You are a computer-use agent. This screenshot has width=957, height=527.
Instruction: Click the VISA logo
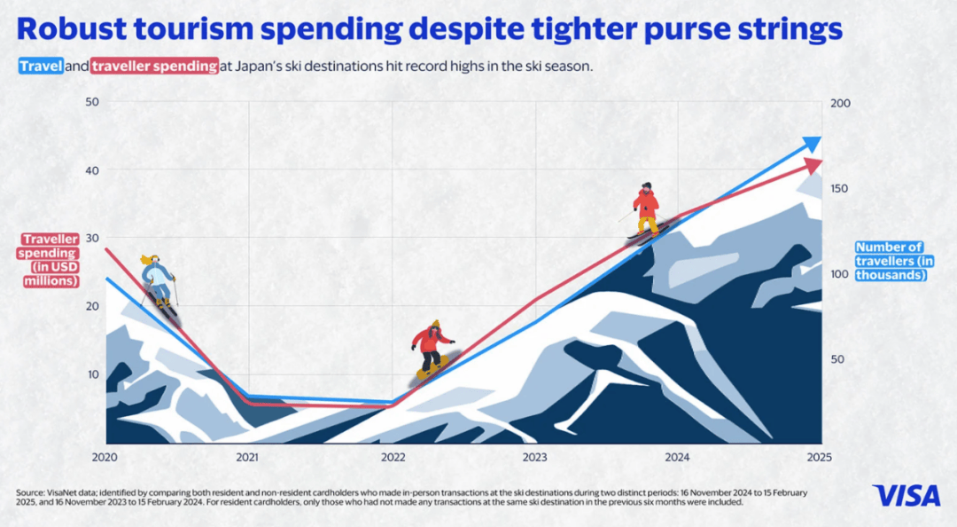pos(906,495)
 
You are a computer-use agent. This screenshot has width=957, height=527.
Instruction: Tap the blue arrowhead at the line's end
pos(812,145)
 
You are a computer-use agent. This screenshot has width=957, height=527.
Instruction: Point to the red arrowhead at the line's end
pos(814,167)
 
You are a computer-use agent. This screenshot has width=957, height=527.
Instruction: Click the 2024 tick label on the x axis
pos(677,457)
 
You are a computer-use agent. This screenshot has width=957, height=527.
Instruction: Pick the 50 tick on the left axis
pos(91,103)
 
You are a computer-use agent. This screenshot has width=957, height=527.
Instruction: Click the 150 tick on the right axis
pos(840,189)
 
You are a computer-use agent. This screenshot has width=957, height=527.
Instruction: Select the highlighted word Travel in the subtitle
pos(40,67)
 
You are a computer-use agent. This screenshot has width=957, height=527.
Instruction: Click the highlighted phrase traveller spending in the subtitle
pos(154,67)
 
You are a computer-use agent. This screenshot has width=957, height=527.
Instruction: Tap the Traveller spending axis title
pos(51,260)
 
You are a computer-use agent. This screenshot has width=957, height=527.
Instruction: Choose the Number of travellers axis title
pos(891,262)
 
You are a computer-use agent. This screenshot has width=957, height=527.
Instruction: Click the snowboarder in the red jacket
pos(432,349)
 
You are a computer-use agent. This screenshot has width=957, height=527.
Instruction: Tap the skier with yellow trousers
pos(647,211)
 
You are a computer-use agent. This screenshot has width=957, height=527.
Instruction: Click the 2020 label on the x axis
pos(105,457)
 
